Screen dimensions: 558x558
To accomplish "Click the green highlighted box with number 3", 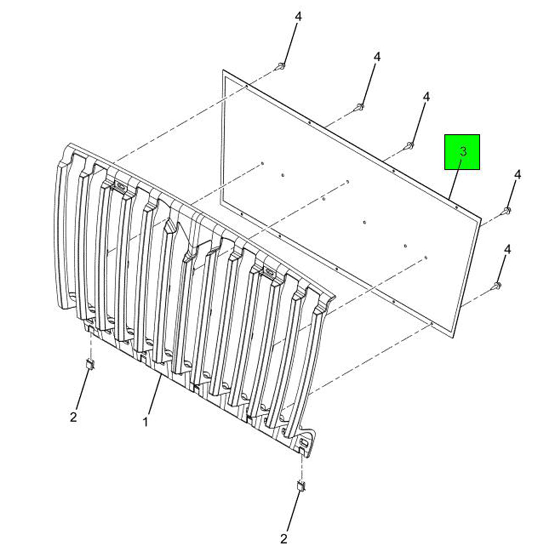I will tap(462, 152).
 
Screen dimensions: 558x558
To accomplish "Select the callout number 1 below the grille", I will tap(145, 422).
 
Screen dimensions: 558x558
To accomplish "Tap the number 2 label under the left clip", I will tap(73, 416).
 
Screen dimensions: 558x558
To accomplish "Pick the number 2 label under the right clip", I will tap(284, 539).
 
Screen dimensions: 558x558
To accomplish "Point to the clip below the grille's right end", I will tap(301, 486).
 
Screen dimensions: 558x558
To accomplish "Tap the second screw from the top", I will tap(360, 106).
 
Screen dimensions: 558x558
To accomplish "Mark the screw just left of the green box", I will tap(410, 145).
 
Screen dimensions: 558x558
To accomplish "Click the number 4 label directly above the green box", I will tap(426, 97).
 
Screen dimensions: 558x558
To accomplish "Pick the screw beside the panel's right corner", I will tap(507, 211).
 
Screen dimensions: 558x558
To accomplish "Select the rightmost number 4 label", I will tap(517, 175).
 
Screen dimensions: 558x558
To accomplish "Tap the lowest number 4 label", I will tap(507, 249).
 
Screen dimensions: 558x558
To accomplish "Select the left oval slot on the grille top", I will tap(119, 186).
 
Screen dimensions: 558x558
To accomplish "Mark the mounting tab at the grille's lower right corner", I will tap(304, 445).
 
